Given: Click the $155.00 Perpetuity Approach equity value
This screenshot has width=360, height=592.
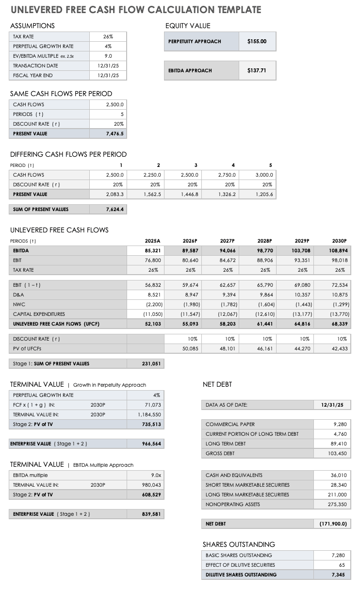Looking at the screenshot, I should (x=257, y=41).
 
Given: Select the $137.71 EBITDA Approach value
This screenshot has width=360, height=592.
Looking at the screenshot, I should (x=257, y=70).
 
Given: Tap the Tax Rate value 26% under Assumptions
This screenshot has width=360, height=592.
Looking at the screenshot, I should (x=108, y=36).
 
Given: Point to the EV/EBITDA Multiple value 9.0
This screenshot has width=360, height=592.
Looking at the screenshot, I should (x=108, y=56).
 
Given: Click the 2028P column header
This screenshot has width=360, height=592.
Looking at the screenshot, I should (x=265, y=241).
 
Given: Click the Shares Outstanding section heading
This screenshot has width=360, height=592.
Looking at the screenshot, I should (x=239, y=544).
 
